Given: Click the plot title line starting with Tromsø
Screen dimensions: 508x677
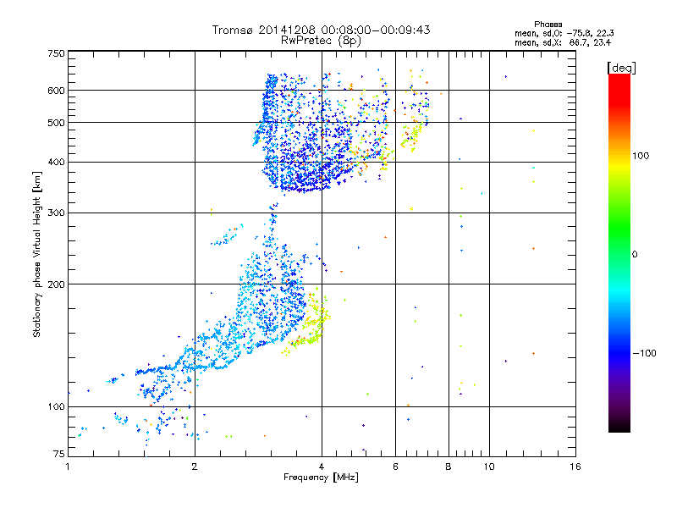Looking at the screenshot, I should click(x=321, y=30).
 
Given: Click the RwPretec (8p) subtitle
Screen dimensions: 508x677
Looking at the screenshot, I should click(x=322, y=40).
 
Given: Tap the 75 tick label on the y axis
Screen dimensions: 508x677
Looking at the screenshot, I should click(x=58, y=455).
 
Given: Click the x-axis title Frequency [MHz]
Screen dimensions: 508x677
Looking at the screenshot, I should click(x=321, y=478).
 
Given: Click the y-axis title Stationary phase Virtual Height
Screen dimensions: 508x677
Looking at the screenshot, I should click(x=37, y=254).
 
